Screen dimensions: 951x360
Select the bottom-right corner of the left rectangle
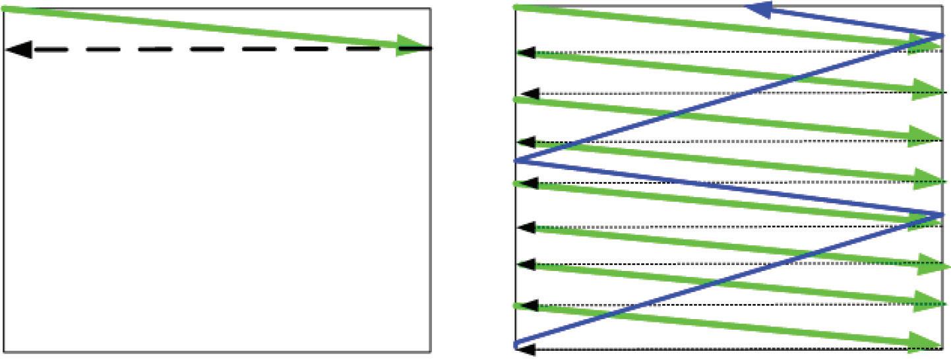tap(431, 351)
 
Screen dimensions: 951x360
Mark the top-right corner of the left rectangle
tap(431, 9)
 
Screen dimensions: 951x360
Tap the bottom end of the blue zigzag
tap(516, 344)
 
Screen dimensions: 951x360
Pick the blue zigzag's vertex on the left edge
tap(516, 160)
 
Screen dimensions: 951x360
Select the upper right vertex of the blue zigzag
tap(942, 34)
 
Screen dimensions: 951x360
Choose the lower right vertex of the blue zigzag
tap(942, 214)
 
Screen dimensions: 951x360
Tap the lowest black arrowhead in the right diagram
tap(525, 349)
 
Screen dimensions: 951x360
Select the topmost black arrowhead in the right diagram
tap(525, 52)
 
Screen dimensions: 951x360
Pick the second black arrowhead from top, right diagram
tap(528, 94)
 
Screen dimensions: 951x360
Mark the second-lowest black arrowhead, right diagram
tap(526, 305)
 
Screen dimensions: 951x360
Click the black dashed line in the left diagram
tap(218, 49)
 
